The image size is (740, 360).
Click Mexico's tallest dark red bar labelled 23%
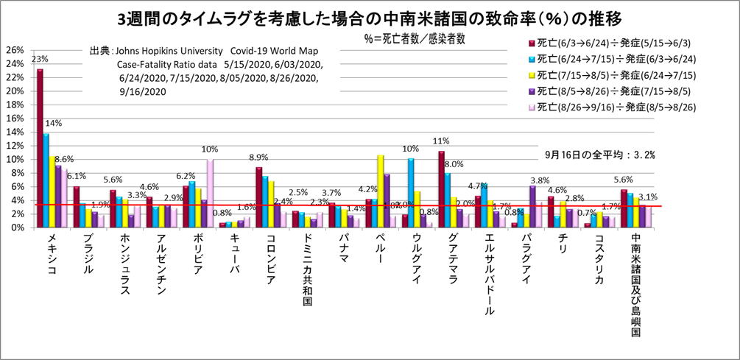point(40,147)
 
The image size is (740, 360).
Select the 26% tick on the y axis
point(14,50)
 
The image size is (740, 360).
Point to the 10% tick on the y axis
point(14,160)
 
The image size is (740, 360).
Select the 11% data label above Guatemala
point(442,141)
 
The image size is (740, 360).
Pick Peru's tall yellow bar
point(381,191)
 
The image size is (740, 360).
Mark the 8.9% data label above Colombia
point(259,158)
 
